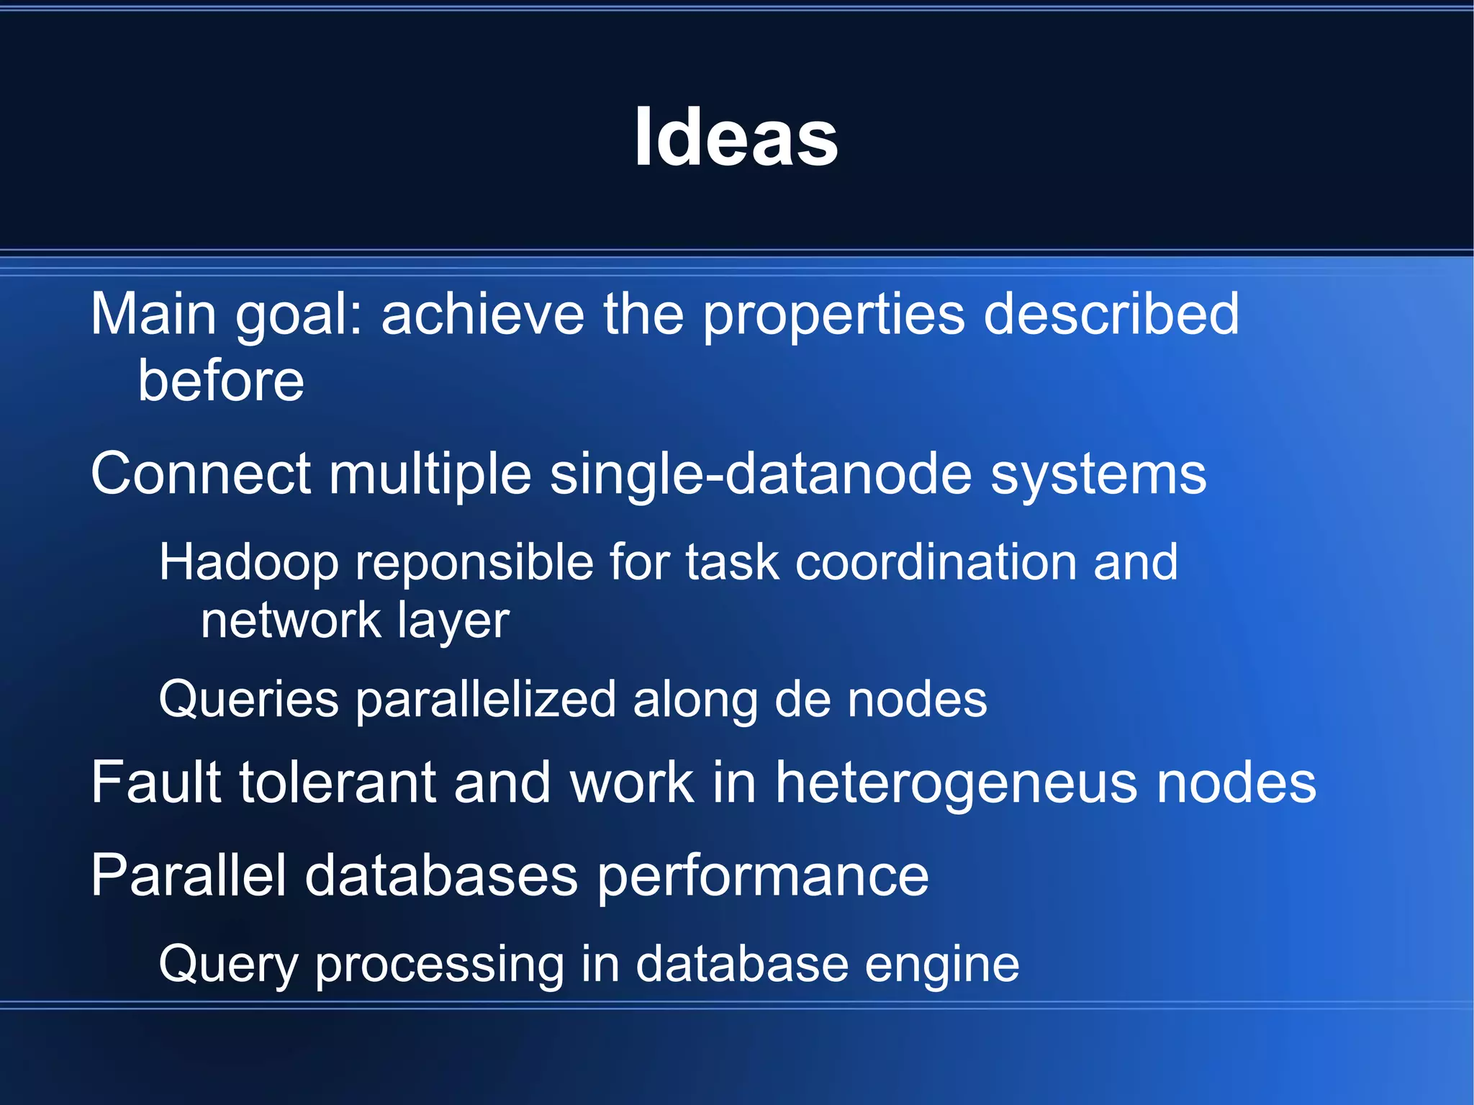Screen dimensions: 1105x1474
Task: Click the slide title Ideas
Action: tap(736, 137)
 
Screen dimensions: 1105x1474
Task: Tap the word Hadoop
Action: tap(248, 562)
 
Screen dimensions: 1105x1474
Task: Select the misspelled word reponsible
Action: tap(476, 562)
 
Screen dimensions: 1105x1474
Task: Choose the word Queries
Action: tap(248, 700)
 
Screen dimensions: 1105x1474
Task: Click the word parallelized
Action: tap(486, 700)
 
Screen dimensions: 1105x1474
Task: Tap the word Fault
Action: tap(155, 782)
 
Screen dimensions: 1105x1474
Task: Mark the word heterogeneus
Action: tap(956, 784)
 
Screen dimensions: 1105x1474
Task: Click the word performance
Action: tap(763, 877)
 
